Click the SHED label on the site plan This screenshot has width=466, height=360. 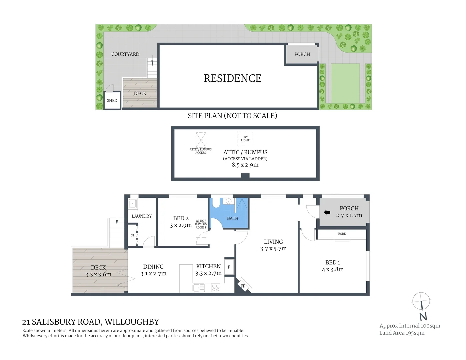(x=112, y=100)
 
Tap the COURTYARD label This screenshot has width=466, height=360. (x=125, y=54)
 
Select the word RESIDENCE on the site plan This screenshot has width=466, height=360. (x=232, y=78)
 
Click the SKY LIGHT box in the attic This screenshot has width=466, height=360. (x=245, y=139)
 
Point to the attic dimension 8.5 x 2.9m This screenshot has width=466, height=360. (x=245, y=165)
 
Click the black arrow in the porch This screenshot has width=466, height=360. (x=327, y=212)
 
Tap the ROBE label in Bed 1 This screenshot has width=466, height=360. (x=342, y=234)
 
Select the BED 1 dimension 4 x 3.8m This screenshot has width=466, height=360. (x=333, y=269)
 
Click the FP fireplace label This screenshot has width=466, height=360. (x=243, y=286)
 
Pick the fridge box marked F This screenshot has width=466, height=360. (x=229, y=267)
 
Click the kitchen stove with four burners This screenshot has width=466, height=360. (x=216, y=287)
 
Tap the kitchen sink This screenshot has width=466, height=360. (x=199, y=287)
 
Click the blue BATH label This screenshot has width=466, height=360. (x=233, y=218)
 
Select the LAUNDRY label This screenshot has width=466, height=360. (x=142, y=216)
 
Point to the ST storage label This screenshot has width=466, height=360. (x=133, y=235)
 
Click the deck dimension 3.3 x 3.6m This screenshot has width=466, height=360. (x=98, y=275)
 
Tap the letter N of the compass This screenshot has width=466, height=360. (x=423, y=316)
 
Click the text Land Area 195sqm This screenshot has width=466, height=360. (x=402, y=333)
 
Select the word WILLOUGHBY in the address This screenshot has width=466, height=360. (x=132, y=322)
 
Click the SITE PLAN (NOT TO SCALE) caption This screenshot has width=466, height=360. (x=232, y=116)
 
